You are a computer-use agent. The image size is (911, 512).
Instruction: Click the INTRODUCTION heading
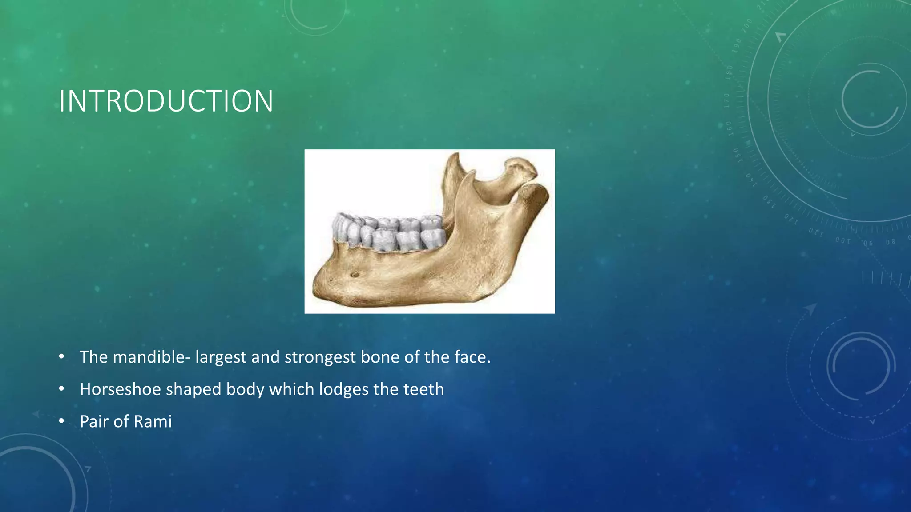(x=166, y=101)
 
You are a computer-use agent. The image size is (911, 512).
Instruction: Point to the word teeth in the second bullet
(x=423, y=389)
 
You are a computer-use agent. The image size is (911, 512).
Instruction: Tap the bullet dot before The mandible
(x=61, y=357)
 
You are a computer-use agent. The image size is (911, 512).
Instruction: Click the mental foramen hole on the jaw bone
(x=355, y=274)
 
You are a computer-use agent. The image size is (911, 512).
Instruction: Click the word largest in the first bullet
(x=221, y=357)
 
